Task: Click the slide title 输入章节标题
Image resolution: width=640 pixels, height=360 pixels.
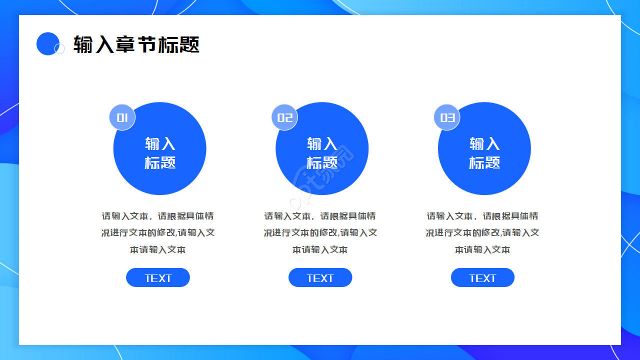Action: [136, 44]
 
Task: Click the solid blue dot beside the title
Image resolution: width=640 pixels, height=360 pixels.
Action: [48, 43]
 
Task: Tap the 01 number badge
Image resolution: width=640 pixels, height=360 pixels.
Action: [122, 117]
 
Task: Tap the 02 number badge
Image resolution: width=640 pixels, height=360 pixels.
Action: [284, 117]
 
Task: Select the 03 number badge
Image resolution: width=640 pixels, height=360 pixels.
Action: [447, 117]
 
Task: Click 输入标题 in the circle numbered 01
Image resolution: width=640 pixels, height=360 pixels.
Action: [160, 153]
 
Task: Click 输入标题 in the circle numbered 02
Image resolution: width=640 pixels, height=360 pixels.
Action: [322, 153]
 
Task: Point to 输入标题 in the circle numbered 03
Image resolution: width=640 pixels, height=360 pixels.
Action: [484, 153]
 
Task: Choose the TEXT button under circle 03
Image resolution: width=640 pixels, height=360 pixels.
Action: [482, 278]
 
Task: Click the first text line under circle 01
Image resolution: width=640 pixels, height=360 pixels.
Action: [158, 216]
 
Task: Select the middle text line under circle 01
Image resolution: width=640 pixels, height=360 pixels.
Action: [158, 232]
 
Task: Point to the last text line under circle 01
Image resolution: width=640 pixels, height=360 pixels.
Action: [158, 249]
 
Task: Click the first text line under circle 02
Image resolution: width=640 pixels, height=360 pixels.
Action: [320, 216]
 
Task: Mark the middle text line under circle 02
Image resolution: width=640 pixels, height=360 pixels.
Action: [320, 232]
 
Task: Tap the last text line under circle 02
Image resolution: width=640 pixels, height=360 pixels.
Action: [320, 249]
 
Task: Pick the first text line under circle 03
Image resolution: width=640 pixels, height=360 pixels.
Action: [482, 216]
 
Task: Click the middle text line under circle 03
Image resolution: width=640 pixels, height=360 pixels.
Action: [482, 232]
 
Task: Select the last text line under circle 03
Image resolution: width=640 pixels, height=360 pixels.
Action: [482, 249]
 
